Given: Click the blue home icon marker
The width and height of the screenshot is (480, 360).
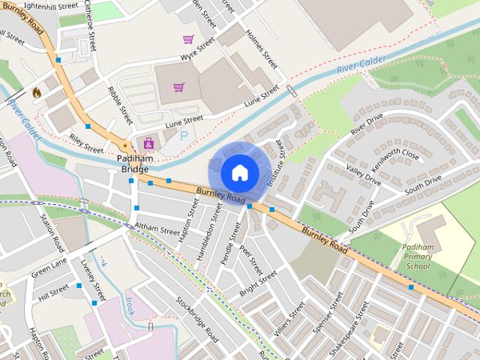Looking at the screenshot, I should (240, 172).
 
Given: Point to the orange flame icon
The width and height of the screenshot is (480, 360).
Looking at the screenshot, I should (36, 92).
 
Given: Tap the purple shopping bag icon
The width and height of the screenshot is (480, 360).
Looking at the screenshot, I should (148, 142).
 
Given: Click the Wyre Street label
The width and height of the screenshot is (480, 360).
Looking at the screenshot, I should (198, 57).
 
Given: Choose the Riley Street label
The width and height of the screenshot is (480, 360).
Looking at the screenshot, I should (86, 143).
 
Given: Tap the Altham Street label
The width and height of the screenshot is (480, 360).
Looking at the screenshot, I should (157, 228).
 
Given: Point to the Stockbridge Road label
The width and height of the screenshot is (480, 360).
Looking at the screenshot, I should (197, 321).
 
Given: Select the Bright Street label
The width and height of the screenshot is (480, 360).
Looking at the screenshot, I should (258, 284).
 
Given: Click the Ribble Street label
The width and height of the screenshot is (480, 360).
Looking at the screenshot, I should (120, 106).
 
